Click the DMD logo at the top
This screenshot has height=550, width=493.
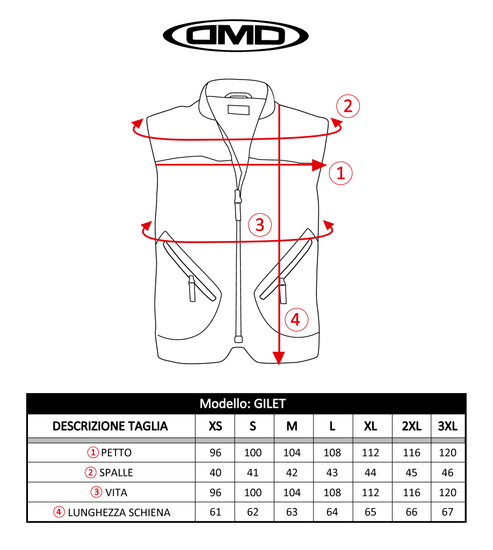click(235, 35)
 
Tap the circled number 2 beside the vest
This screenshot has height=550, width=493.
click(347, 106)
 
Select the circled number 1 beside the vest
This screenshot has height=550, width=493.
click(340, 173)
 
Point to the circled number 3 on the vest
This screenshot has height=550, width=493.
click(260, 225)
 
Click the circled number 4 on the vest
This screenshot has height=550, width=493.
click(295, 321)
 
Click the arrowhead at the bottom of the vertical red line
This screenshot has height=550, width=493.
click(278, 357)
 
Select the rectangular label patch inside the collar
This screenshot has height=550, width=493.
click(239, 110)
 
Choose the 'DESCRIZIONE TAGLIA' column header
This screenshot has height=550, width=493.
click(110, 426)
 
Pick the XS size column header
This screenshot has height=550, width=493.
click(215, 426)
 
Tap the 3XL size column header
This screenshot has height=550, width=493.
click(448, 426)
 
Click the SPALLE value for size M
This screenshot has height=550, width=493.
click(292, 473)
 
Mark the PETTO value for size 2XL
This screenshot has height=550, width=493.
click(411, 453)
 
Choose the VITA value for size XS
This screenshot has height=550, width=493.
click(215, 493)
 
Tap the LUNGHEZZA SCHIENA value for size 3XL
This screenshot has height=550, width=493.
click(448, 512)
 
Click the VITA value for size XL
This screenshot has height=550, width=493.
click(371, 493)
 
